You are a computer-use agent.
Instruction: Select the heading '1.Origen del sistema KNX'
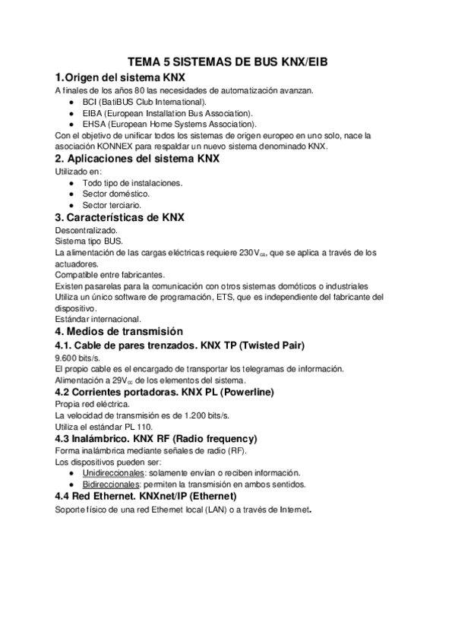(120, 77)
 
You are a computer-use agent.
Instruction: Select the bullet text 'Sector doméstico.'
(116, 194)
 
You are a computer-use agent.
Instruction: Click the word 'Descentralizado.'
(87, 229)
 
